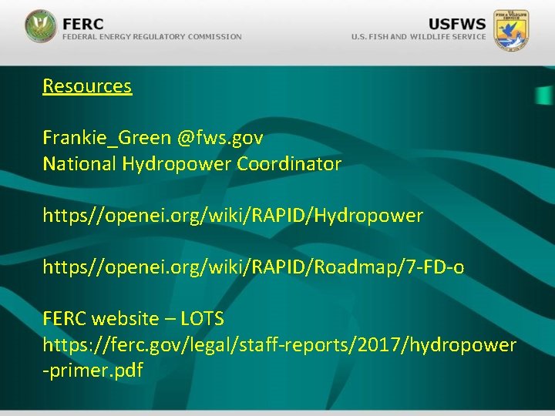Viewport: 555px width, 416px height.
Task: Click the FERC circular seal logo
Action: click(x=40, y=26)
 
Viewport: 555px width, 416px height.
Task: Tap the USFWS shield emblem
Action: click(x=511, y=29)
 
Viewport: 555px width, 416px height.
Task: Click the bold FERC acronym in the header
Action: click(x=82, y=22)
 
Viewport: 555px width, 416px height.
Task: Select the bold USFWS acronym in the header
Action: click(x=457, y=22)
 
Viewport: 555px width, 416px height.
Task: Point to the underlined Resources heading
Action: click(x=87, y=86)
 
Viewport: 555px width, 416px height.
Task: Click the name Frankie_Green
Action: click(x=106, y=139)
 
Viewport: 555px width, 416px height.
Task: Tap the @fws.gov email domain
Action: click(x=220, y=139)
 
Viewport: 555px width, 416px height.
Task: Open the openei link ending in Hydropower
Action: click(x=233, y=216)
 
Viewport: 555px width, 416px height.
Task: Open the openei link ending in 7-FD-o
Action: click(x=254, y=268)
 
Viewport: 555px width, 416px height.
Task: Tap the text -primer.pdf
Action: click(x=93, y=371)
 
